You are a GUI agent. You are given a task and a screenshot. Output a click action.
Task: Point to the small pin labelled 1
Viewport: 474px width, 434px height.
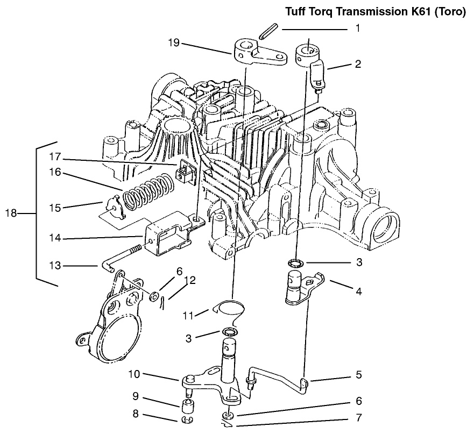click(267, 33)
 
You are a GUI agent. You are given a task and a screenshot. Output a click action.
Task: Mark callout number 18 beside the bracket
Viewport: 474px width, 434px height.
click(11, 214)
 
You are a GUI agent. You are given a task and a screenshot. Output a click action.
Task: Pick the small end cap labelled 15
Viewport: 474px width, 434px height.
click(111, 208)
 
